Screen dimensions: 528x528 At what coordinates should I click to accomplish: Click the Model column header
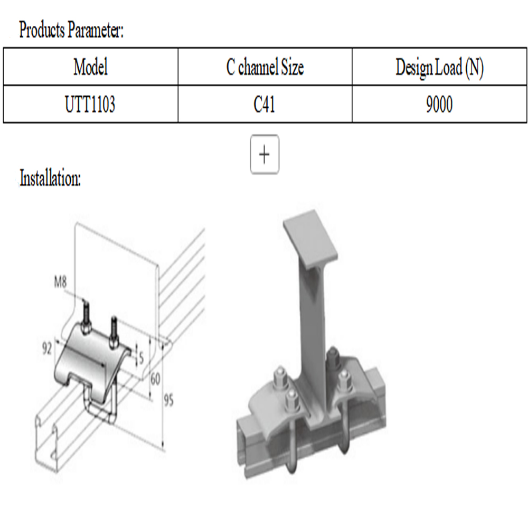coord(91,67)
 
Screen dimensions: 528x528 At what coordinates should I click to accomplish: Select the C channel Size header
coord(265,67)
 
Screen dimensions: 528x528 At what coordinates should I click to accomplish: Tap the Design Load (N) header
coord(439,68)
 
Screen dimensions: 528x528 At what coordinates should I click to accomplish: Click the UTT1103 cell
coord(90,104)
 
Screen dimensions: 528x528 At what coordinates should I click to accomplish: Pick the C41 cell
coord(265,104)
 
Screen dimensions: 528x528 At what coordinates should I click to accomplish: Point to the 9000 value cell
coord(439,104)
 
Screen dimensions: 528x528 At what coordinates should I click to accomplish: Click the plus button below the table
coord(265,154)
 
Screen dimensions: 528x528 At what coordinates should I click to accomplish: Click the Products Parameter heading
coord(71,30)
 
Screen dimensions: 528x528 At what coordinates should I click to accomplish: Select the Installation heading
coord(50,178)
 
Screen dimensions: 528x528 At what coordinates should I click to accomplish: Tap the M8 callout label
coord(61,281)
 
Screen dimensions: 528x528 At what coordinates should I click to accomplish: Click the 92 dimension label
coord(47,348)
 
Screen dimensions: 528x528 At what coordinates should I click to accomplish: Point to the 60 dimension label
coord(155,379)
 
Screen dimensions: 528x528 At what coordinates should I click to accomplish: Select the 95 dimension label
coord(168,400)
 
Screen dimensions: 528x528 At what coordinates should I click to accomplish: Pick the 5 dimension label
coord(141,357)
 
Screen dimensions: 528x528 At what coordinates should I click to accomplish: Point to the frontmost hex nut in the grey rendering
coord(293,401)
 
